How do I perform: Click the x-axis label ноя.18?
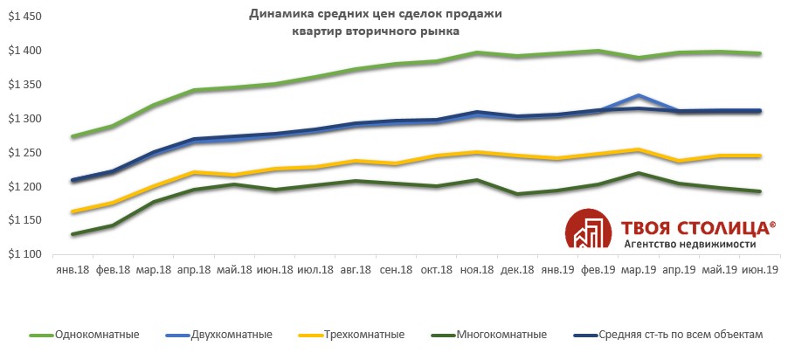(x=475, y=271)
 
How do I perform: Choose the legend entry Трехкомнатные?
(x=363, y=335)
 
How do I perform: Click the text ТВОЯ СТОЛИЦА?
(x=695, y=227)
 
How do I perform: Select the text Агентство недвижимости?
(x=689, y=245)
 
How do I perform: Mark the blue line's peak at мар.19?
(x=639, y=95)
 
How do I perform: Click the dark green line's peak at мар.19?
(x=639, y=173)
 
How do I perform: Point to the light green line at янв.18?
(x=73, y=136)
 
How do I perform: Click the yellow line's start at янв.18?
(x=73, y=211)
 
